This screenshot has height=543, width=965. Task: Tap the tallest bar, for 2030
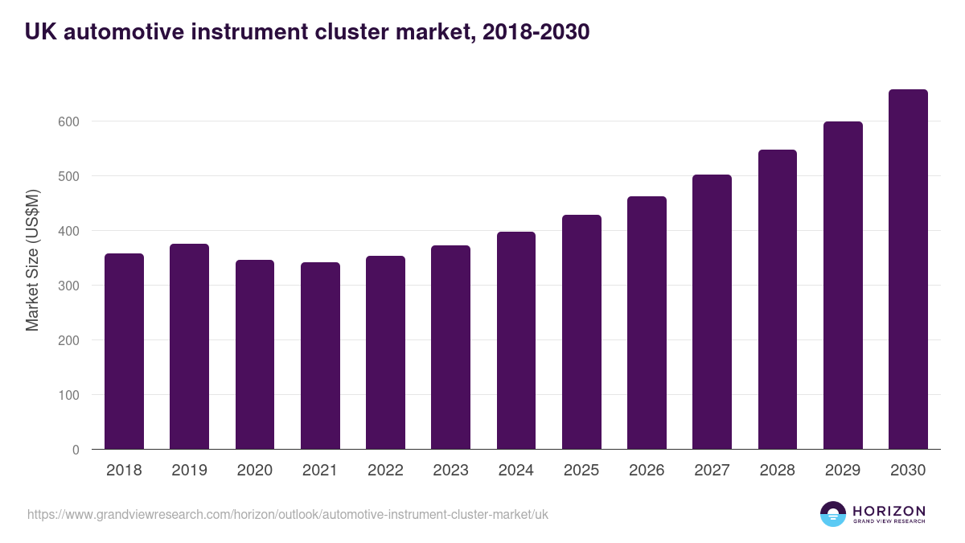[908, 269]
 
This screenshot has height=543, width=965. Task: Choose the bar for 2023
[450, 348]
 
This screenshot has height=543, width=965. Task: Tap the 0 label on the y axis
[76, 450]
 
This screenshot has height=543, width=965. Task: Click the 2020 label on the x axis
[255, 471]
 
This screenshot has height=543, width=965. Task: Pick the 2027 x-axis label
[712, 471]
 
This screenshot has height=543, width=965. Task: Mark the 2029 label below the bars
[843, 471]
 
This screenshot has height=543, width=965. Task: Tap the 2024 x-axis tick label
[515, 471]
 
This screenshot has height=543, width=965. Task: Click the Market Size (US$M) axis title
[32, 259]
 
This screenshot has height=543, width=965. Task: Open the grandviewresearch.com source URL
[288, 514]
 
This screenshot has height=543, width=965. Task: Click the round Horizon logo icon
[833, 514]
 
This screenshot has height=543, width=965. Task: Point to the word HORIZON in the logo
[889, 511]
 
